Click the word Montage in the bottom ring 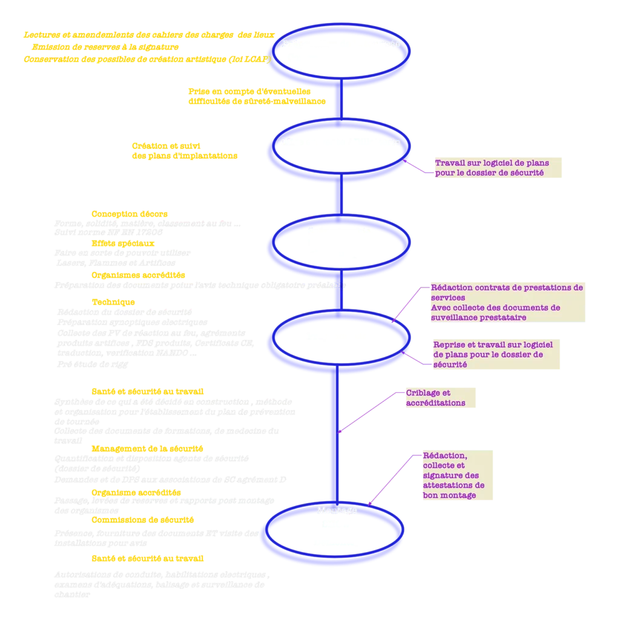tap(337, 510)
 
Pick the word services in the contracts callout tap(448, 297)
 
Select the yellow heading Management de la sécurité tap(147, 449)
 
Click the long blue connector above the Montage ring tap(332, 436)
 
